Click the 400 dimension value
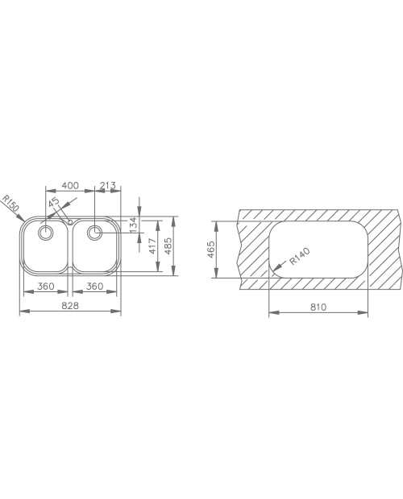(x=70, y=185)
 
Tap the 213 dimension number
(x=108, y=185)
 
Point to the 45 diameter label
(x=54, y=202)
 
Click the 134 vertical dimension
(x=134, y=224)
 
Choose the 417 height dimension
(x=153, y=246)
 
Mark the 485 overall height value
(x=168, y=245)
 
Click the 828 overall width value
(x=70, y=306)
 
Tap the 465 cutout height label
(x=211, y=249)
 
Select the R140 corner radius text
(x=300, y=257)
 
